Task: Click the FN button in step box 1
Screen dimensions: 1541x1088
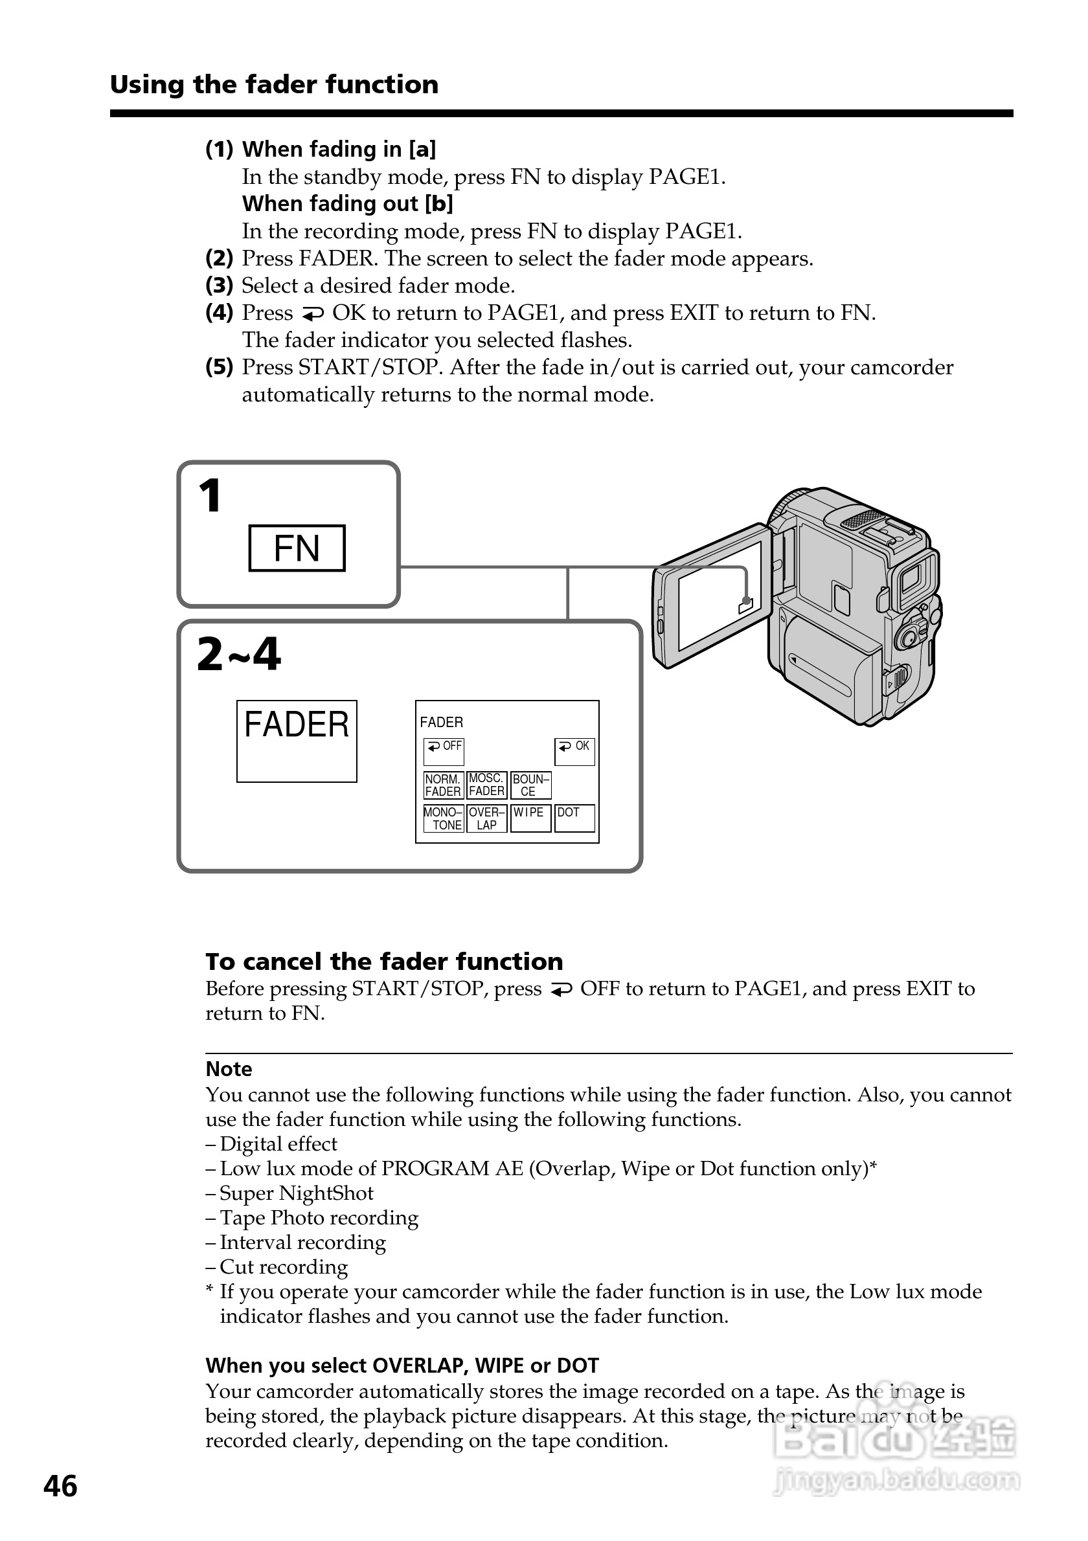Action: point(297,548)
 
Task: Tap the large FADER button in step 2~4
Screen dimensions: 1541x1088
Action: point(296,740)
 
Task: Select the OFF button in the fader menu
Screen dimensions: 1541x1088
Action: point(444,751)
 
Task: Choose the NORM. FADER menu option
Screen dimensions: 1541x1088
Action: point(443,785)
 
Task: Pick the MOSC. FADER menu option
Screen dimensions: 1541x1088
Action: point(486,785)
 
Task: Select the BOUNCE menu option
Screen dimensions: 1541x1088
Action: point(530,785)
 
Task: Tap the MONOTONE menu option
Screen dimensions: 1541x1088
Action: point(443,818)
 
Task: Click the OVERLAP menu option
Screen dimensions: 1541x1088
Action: point(486,818)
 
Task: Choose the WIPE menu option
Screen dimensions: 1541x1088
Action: point(530,818)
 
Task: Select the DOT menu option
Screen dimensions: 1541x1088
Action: point(574,818)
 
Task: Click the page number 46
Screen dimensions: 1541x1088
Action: point(60,1486)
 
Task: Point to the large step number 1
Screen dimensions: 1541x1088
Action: point(210,496)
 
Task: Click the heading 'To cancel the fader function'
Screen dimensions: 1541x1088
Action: point(384,961)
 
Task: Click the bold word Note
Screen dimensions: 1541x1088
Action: point(229,1068)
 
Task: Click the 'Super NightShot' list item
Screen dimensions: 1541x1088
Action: point(296,1193)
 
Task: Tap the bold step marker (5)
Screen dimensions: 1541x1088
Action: point(219,367)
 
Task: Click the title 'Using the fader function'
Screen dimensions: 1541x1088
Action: point(274,85)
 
